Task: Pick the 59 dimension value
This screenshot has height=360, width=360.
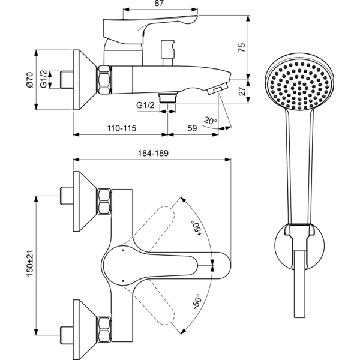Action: (x=192, y=128)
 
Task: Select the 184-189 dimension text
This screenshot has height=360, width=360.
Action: (x=152, y=153)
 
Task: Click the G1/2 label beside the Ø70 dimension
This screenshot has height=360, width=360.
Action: (x=44, y=79)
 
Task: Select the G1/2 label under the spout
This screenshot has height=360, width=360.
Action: (x=146, y=106)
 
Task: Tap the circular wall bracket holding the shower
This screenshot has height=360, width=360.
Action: (x=300, y=245)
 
